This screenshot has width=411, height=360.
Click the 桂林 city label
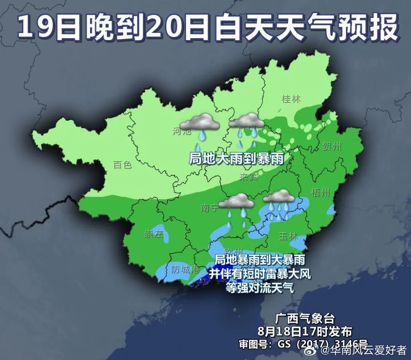[x=291, y=99]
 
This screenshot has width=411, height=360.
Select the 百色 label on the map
[x=122, y=165]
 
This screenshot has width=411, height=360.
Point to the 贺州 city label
[x=332, y=146]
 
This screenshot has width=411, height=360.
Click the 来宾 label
[x=249, y=176]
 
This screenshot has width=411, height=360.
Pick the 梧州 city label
[x=320, y=192]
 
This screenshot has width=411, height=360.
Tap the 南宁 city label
[x=209, y=208]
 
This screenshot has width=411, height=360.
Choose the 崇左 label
[x=153, y=234]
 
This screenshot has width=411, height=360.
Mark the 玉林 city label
[x=288, y=236]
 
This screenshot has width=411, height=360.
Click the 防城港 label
[x=185, y=270]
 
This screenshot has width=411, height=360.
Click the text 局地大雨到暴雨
[x=236, y=158]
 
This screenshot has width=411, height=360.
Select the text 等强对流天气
[x=260, y=287]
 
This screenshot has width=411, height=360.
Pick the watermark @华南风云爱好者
[x=364, y=350]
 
